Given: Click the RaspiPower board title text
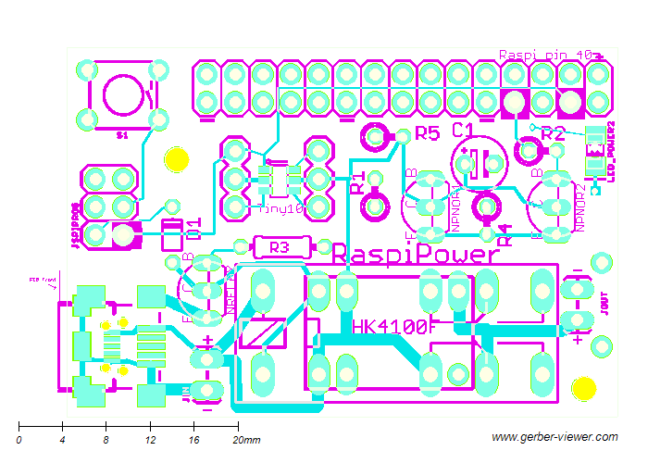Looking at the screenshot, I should pos(417,255).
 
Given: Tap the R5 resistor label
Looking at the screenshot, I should pos(427,133).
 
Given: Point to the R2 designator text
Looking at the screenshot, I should pos(553,133).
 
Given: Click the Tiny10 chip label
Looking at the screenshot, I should pos(280,209).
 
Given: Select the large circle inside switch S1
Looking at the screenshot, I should pos(123,94).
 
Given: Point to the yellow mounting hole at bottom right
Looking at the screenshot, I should pos(583,387).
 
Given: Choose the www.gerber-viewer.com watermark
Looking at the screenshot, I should pos(552,437).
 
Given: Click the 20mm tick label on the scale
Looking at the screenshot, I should pos(246,439).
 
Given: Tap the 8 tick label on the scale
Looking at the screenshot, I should pos(106,439).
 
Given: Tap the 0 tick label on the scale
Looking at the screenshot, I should pos(19,439).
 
